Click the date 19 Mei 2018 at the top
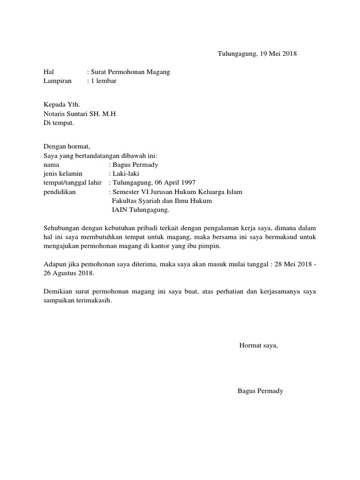pyautogui.click(x=277, y=54)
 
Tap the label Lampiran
pyautogui.click(x=57, y=81)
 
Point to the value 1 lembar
pyautogui.click(x=104, y=81)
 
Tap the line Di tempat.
pyautogui.click(x=58, y=123)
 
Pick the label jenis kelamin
pyautogui.click(x=62, y=174)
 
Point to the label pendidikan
pyautogui.click(x=59, y=192)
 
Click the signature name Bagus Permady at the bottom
pyautogui.click(x=260, y=391)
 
